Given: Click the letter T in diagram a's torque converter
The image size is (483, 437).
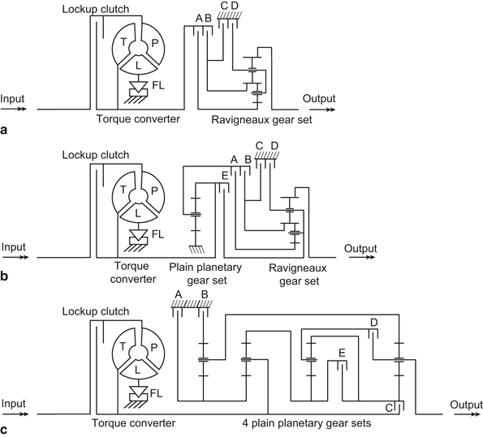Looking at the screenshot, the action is point(123,41).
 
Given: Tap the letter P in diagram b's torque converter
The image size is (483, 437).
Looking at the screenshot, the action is point(154,191).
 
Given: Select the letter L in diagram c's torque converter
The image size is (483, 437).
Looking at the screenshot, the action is point(138,370).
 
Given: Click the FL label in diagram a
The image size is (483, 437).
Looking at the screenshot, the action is point(158,85).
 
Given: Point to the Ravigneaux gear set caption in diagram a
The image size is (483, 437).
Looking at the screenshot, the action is point(261,120).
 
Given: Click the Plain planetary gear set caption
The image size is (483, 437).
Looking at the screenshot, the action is point(205,274).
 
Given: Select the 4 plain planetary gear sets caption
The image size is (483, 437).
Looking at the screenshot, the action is point(307,424).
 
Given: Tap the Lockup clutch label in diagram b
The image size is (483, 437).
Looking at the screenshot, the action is point(96,155).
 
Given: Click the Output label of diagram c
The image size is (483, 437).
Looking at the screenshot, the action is point(466,405).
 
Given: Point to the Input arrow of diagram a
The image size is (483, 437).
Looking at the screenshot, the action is point(14,109).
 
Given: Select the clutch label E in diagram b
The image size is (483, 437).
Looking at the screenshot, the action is point(225,176).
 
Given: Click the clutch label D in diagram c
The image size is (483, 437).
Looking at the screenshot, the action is point(374,323).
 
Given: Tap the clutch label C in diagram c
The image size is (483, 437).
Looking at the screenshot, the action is point(389,408).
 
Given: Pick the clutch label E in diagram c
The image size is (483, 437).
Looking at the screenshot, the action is point(342,353).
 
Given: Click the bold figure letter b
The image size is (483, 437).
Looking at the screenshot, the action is point(4,276).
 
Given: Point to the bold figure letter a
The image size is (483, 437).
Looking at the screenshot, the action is point(4,131).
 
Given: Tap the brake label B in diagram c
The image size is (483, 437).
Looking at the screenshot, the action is point(205,294).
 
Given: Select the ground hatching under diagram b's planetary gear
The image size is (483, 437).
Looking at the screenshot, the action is point(196,249).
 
